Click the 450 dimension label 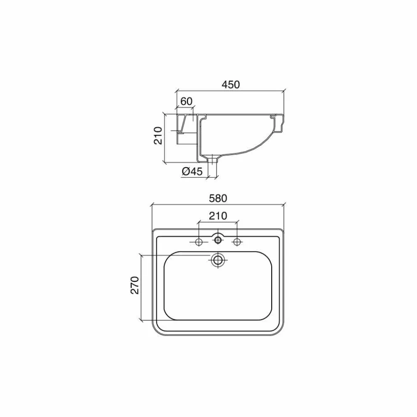tap(230, 84)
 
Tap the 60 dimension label tap(186, 102)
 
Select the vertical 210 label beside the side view tap(158, 136)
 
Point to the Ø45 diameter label tap(192, 171)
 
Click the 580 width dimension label tap(218, 198)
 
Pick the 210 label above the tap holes tap(218, 216)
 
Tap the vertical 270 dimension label tap(135, 285)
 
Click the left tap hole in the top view tap(199, 242)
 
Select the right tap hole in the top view tap(237, 242)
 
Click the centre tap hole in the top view tap(218, 240)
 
